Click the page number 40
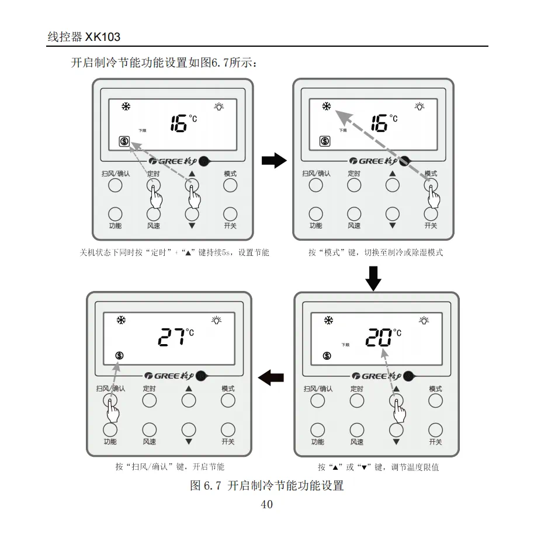click(266, 505)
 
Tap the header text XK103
click(103, 37)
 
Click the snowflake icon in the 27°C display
click(122, 320)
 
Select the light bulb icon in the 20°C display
click(424, 320)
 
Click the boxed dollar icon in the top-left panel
click(124, 141)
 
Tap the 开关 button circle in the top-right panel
click(431, 214)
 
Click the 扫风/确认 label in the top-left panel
click(115, 174)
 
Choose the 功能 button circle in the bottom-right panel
click(317, 430)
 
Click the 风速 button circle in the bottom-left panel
click(149, 430)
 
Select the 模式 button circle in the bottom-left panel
click(228, 400)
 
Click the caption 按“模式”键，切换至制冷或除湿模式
click(376, 253)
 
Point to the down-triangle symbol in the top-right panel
click(392, 225)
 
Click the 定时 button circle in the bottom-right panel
click(356, 400)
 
